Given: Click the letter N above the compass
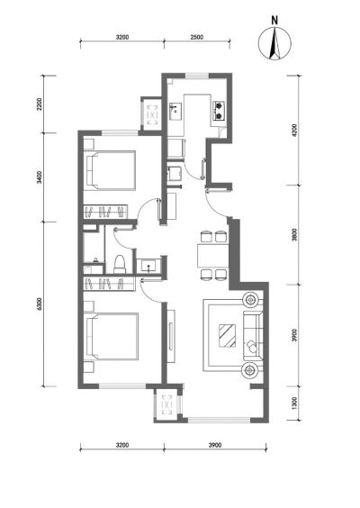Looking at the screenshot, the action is [274, 21].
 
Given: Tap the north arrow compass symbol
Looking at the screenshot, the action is [274, 43].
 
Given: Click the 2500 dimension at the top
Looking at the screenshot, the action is [196, 37].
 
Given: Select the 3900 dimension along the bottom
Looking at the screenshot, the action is [215, 445].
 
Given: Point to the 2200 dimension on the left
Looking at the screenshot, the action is [40, 104].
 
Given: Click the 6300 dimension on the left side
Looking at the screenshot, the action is [40, 304].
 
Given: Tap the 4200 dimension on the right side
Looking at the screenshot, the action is [294, 131].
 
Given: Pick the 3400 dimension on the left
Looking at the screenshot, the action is [40, 177].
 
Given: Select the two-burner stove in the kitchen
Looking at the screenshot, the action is [219, 111].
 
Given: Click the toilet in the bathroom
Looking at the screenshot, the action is [120, 264].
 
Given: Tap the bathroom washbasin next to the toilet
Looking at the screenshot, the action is [148, 266].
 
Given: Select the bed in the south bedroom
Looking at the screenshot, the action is [111, 336].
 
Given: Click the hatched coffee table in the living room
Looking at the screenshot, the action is [228, 336].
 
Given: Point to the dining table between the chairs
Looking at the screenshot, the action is [213, 256].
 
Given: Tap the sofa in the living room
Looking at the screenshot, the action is [253, 336].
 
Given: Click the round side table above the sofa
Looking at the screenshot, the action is [250, 300].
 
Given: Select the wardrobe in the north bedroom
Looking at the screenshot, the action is [105, 212].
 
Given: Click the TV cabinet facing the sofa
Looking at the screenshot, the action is [171, 336].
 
